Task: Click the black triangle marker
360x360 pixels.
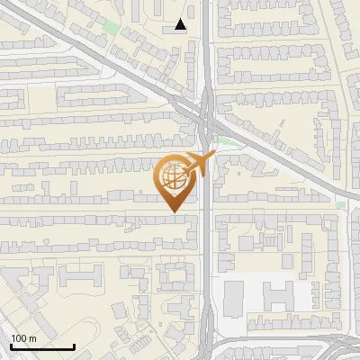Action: click(182, 25)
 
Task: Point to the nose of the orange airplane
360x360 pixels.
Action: click(212, 157)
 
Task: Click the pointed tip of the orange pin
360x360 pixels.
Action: click(173, 211)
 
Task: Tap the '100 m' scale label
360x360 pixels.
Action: click(23, 338)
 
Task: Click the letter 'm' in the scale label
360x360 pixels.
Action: click(31, 338)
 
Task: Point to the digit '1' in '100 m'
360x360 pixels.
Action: click(13, 338)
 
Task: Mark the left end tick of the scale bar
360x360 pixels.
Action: click(12, 345)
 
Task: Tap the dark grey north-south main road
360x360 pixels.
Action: click(206, 252)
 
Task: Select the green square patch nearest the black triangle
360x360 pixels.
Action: click(111, 27)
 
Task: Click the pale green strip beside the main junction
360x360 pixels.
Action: click(229, 141)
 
